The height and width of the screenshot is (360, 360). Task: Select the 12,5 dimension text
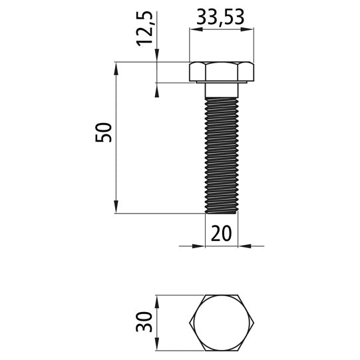tap(147, 28)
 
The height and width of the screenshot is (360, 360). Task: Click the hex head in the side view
tap(221, 72)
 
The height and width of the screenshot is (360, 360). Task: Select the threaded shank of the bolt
tap(221, 153)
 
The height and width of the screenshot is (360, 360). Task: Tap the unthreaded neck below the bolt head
tap(221, 89)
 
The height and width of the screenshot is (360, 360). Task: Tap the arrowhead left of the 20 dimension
tap(199, 246)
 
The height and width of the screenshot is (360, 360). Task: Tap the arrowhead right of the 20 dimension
tap(244, 246)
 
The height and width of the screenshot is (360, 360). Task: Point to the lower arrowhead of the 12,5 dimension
tap(158, 88)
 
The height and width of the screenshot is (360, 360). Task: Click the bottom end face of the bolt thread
tap(221, 212)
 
